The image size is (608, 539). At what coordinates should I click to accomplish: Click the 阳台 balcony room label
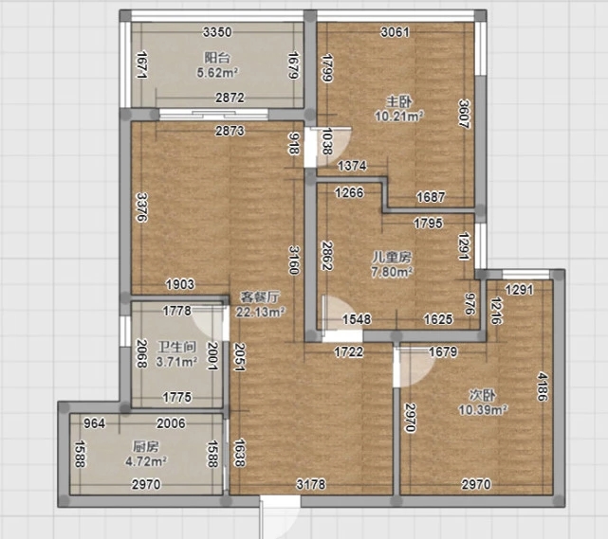(217, 58)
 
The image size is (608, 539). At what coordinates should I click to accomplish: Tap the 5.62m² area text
(217, 72)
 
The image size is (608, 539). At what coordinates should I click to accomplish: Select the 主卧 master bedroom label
(399, 102)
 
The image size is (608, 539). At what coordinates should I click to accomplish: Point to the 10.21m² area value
(399, 117)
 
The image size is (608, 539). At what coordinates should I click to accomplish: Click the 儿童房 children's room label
(392, 257)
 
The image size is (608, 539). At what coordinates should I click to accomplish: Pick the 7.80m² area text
(392, 272)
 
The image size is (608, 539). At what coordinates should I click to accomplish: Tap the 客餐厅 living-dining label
(260, 297)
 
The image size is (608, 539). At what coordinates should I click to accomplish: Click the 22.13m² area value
(261, 312)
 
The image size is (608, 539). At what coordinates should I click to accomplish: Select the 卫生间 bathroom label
(176, 347)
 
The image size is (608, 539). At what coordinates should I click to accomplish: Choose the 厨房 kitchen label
(146, 447)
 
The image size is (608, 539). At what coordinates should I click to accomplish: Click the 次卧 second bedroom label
(483, 395)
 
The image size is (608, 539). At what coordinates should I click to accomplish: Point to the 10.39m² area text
(483, 409)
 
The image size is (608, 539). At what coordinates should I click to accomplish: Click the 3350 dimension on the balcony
(217, 32)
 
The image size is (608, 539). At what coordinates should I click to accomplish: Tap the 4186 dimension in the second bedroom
(543, 386)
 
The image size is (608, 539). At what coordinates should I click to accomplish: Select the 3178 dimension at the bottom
(311, 484)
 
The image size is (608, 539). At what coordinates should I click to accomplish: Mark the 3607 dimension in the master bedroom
(465, 114)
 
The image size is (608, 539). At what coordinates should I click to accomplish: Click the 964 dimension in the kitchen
(95, 423)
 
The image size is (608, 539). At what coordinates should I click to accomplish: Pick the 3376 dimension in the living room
(142, 207)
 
